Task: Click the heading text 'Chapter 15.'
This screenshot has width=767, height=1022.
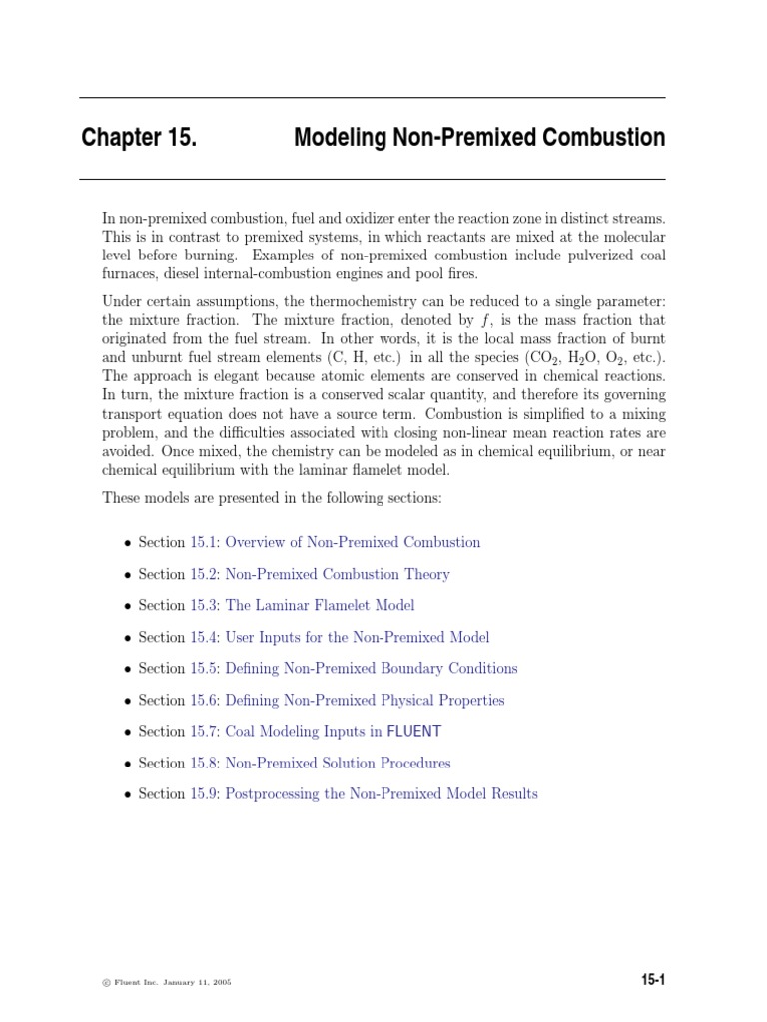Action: [x=139, y=138]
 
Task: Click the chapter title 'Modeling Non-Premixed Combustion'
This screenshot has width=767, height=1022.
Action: [x=478, y=138]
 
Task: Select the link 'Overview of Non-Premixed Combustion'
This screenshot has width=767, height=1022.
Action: [x=353, y=542]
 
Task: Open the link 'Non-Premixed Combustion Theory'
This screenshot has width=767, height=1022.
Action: [x=338, y=574]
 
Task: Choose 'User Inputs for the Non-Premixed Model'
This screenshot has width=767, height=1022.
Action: [x=358, y=637]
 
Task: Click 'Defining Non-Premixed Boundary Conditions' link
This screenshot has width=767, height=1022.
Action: [x=372, y=668]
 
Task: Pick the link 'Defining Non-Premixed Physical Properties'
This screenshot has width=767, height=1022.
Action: [x=365, y=700]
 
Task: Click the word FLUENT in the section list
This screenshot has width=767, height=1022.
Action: [x=413, y=732]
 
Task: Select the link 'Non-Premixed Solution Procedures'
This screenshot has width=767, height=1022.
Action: [x=338, y=763]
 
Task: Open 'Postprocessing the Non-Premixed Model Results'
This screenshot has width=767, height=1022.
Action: [x=382, y=794]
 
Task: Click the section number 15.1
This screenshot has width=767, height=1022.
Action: [x=203, y=542]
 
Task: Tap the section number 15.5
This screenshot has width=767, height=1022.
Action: [x=203, y=668]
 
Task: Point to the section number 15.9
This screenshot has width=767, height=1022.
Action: [x=203, y=794]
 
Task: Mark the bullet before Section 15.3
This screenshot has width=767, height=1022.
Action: [x=127, y=606]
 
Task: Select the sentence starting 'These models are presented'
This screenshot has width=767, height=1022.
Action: [x=272, y=498]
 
